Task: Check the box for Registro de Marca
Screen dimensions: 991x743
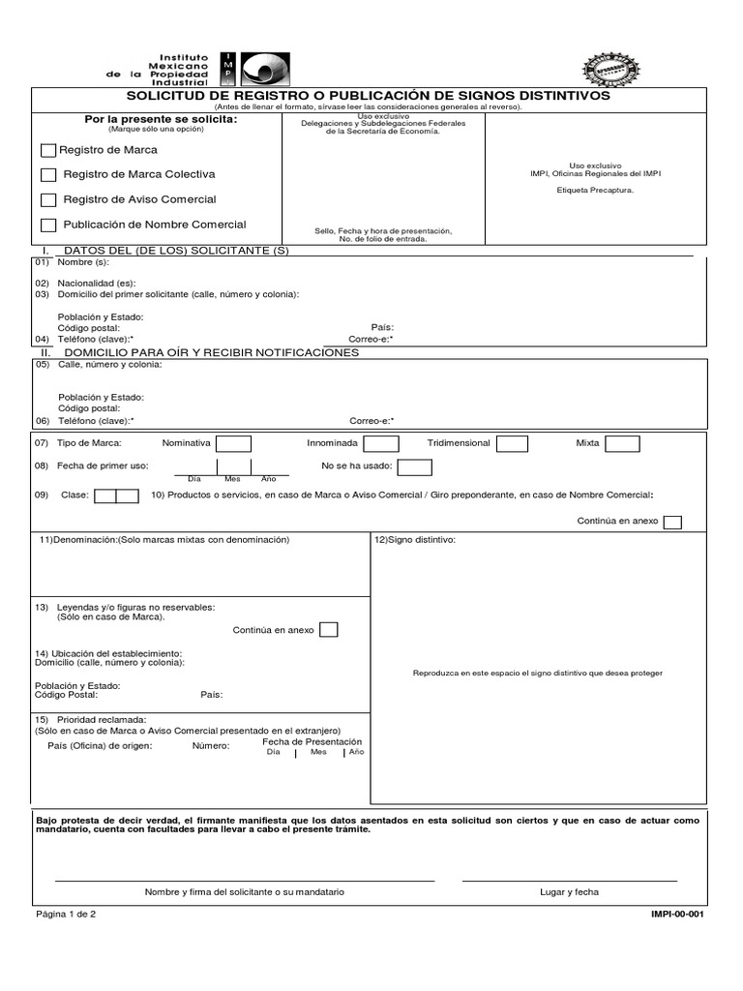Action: click(48, 150)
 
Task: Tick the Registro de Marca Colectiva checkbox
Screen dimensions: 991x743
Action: click(48, 174)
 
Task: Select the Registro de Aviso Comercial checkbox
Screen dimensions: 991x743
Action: click(48, 199)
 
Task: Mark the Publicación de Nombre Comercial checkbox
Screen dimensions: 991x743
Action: click(48, 225)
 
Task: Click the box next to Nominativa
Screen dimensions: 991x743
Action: click(233, 443)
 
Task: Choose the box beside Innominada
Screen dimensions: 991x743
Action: click(380, 443)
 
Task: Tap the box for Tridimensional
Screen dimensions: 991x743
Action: click(512, 443)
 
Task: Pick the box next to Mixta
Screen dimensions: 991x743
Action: click(622, 443)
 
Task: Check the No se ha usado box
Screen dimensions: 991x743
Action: click(415, 467)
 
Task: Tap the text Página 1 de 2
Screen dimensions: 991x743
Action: click(66, 914)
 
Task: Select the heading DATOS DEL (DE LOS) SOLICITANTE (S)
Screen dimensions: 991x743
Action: click(175, 251)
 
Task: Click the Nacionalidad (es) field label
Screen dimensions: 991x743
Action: click(96, 283)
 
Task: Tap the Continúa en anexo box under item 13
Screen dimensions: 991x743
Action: click(329, 629)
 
